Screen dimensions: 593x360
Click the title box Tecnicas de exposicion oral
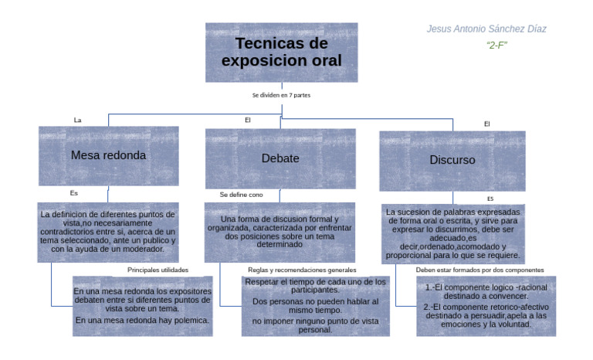pos(281,53)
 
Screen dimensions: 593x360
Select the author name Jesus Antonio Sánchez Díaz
pos(486,29)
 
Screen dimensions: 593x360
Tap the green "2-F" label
pos(496,46)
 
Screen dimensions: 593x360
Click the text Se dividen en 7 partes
pos(281,95)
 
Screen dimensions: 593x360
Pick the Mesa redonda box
pos(109,156)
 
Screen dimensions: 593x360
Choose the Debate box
pos(280,158)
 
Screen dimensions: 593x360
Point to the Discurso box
pos(452,161)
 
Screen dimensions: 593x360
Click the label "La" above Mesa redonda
pos(77,120)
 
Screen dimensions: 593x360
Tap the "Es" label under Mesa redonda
pos(74,193)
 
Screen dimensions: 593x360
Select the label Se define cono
pos(241,195)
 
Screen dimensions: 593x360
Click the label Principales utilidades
pos(158,270)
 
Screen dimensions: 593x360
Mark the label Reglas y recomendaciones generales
pos(302,270)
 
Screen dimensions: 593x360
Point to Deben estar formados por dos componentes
pos(480,270)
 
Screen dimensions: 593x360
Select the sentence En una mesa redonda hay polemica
pos(142,321)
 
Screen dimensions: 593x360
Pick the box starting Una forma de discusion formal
pos(280,233)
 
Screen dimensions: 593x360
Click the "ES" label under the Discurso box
pos(490,199)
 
